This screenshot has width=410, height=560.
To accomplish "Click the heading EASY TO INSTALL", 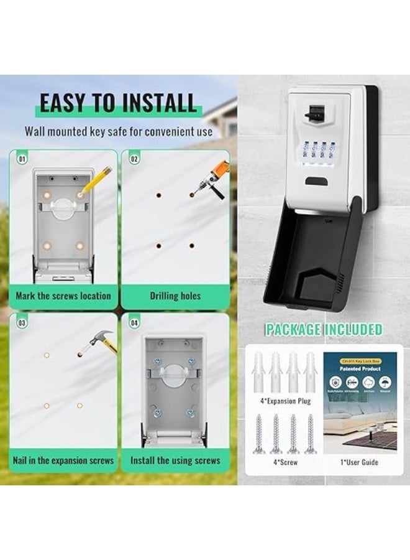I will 118,103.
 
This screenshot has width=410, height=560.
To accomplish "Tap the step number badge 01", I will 22,159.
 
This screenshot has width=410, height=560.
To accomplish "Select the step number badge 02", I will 135,159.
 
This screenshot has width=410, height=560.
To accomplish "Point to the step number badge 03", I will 22,323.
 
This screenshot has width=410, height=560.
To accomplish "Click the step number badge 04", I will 135,323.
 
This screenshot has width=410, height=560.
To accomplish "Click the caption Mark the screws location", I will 63,296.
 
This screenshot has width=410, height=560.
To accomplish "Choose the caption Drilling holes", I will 175,296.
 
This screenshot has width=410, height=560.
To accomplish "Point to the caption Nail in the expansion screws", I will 63,461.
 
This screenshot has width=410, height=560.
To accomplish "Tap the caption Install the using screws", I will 175,461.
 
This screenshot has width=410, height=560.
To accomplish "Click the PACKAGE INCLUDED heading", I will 324,330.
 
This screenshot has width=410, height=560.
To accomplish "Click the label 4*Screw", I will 285,462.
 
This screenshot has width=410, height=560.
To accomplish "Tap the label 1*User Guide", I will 360,462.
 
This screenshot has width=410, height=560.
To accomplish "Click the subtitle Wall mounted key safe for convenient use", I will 118,132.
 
